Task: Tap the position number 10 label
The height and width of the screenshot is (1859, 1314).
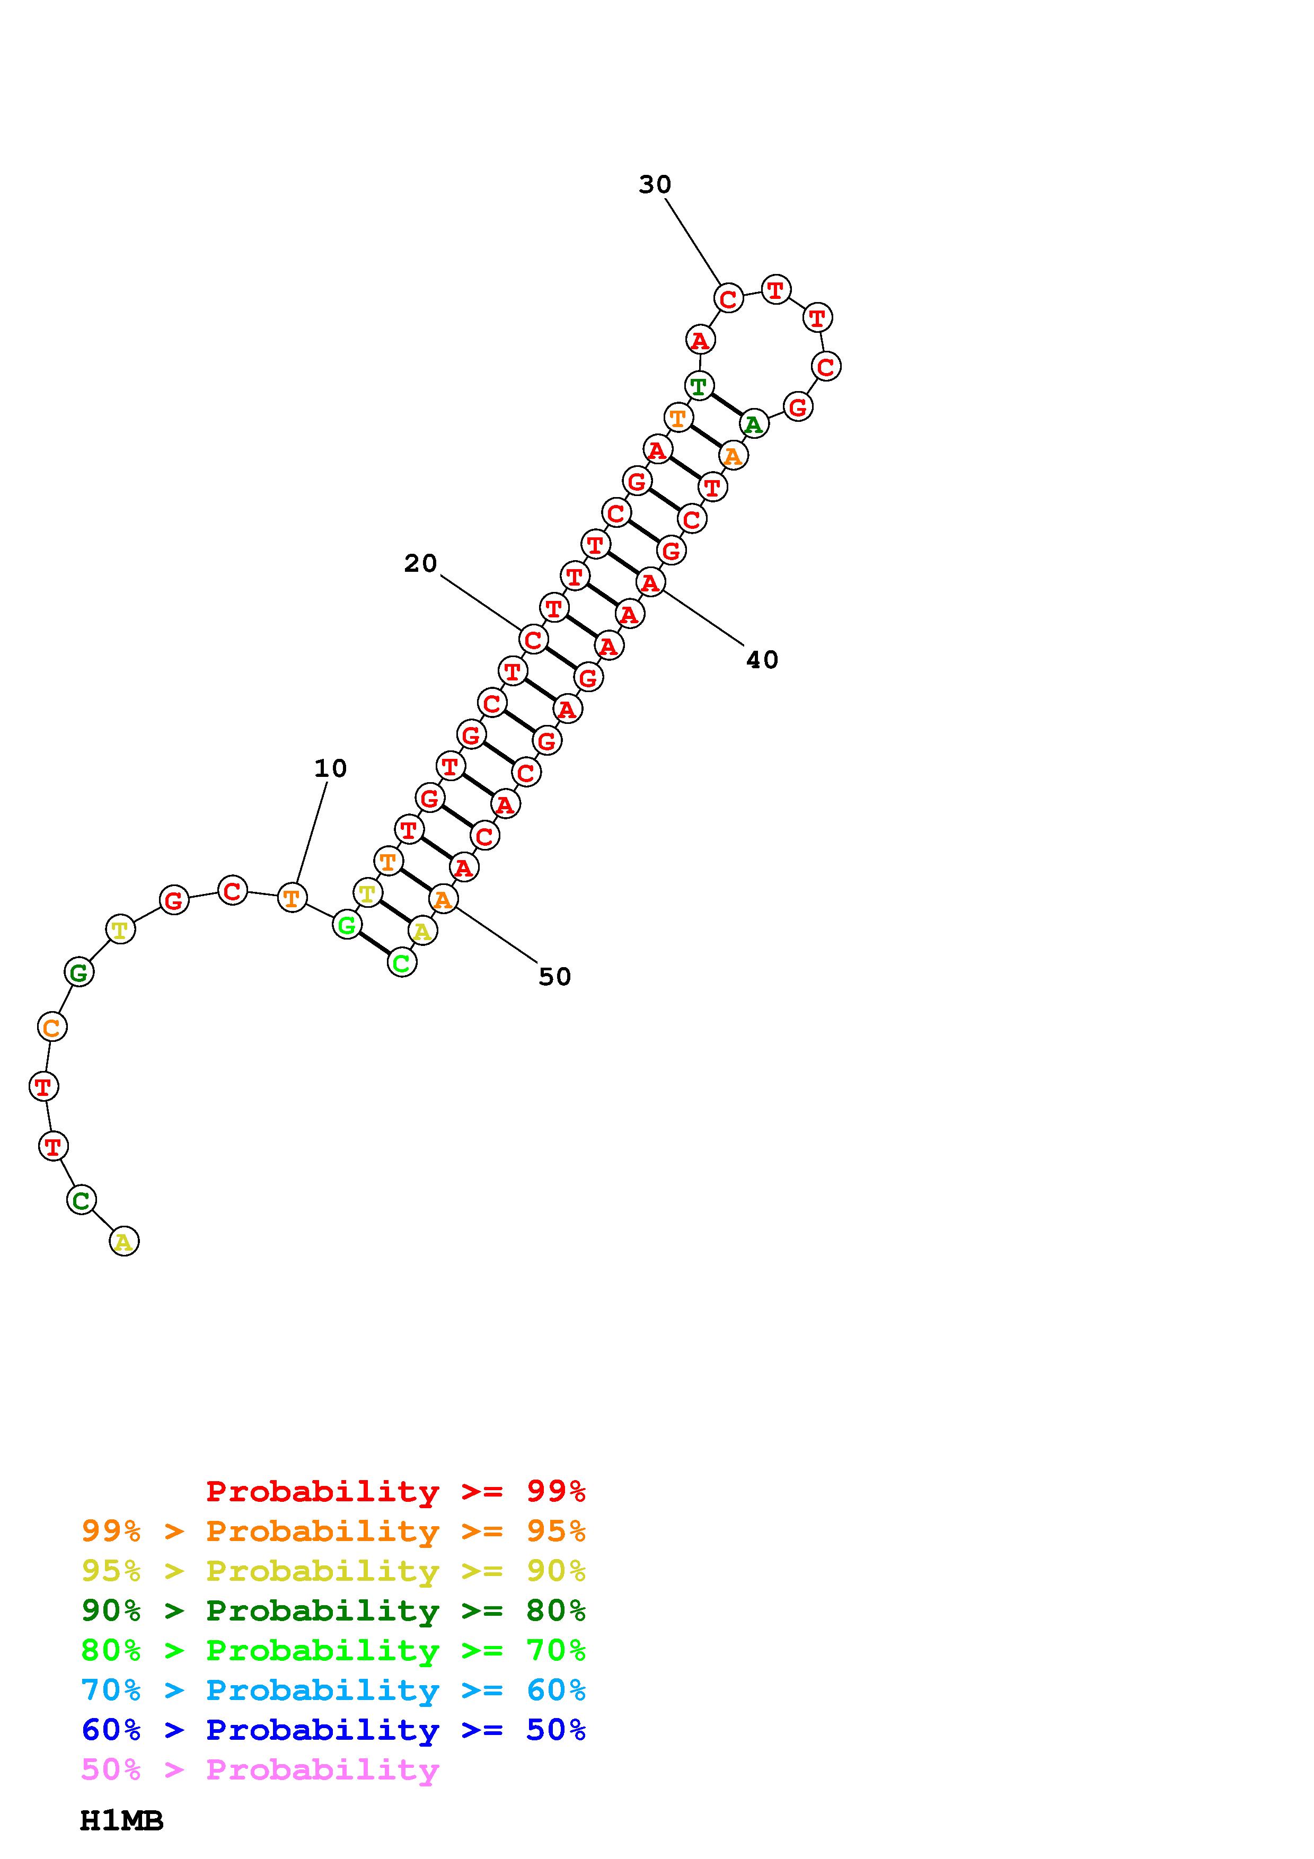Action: point(330,768)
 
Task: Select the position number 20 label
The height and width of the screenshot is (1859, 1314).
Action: point(420,563)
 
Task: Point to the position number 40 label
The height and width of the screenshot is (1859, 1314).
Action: point(762,660)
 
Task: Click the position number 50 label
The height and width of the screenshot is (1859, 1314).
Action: point(554,977)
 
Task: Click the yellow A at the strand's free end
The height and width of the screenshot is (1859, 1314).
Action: point(124,1241)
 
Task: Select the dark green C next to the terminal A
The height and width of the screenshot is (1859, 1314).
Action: point(81,1200)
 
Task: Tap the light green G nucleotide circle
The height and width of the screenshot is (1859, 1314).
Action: point(347,925)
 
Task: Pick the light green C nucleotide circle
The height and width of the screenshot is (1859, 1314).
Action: point(402,963)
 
